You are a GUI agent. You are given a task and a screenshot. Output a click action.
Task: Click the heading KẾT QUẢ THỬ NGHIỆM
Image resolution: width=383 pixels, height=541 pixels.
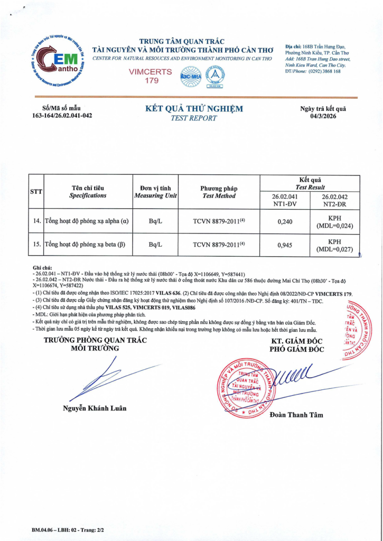[x=194, y=109]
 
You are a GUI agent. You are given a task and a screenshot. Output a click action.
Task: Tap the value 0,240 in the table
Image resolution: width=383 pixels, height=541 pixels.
[x=285, y=222]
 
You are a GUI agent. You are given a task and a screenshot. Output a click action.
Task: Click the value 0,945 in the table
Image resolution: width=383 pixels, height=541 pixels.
[x=285, y=245]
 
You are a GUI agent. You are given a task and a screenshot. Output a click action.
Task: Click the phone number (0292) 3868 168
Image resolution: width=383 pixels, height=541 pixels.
[x=322, y=71]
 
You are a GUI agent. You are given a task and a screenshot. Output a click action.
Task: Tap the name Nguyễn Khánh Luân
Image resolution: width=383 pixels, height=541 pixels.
[x=95, y=408]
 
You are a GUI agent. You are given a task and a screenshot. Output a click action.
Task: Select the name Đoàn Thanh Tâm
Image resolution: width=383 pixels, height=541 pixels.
[x=296, y=415]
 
